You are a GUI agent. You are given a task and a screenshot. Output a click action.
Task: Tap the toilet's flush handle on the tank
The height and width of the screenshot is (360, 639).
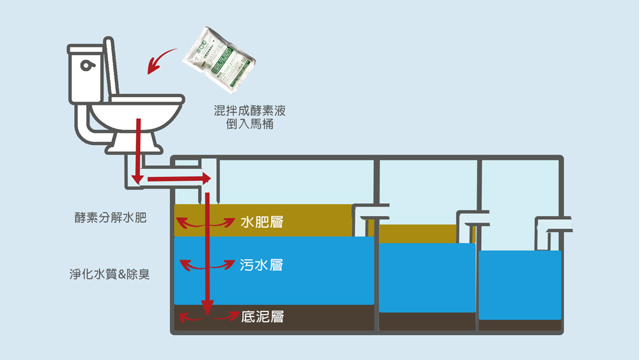86,65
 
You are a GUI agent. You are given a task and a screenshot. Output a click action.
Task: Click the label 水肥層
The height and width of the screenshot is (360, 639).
262,223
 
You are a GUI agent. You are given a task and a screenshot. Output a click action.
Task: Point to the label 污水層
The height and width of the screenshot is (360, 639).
262,265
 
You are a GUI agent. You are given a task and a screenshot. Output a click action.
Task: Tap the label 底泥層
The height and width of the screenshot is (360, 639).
263,317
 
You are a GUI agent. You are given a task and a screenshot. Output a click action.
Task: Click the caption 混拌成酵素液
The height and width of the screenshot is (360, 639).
249,111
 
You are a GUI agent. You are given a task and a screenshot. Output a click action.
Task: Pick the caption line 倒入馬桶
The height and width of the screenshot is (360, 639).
249,125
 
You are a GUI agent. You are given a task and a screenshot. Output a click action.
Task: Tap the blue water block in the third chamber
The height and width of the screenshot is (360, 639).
520,285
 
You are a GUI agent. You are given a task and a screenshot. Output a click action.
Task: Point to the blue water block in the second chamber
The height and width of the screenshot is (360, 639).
427,277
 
